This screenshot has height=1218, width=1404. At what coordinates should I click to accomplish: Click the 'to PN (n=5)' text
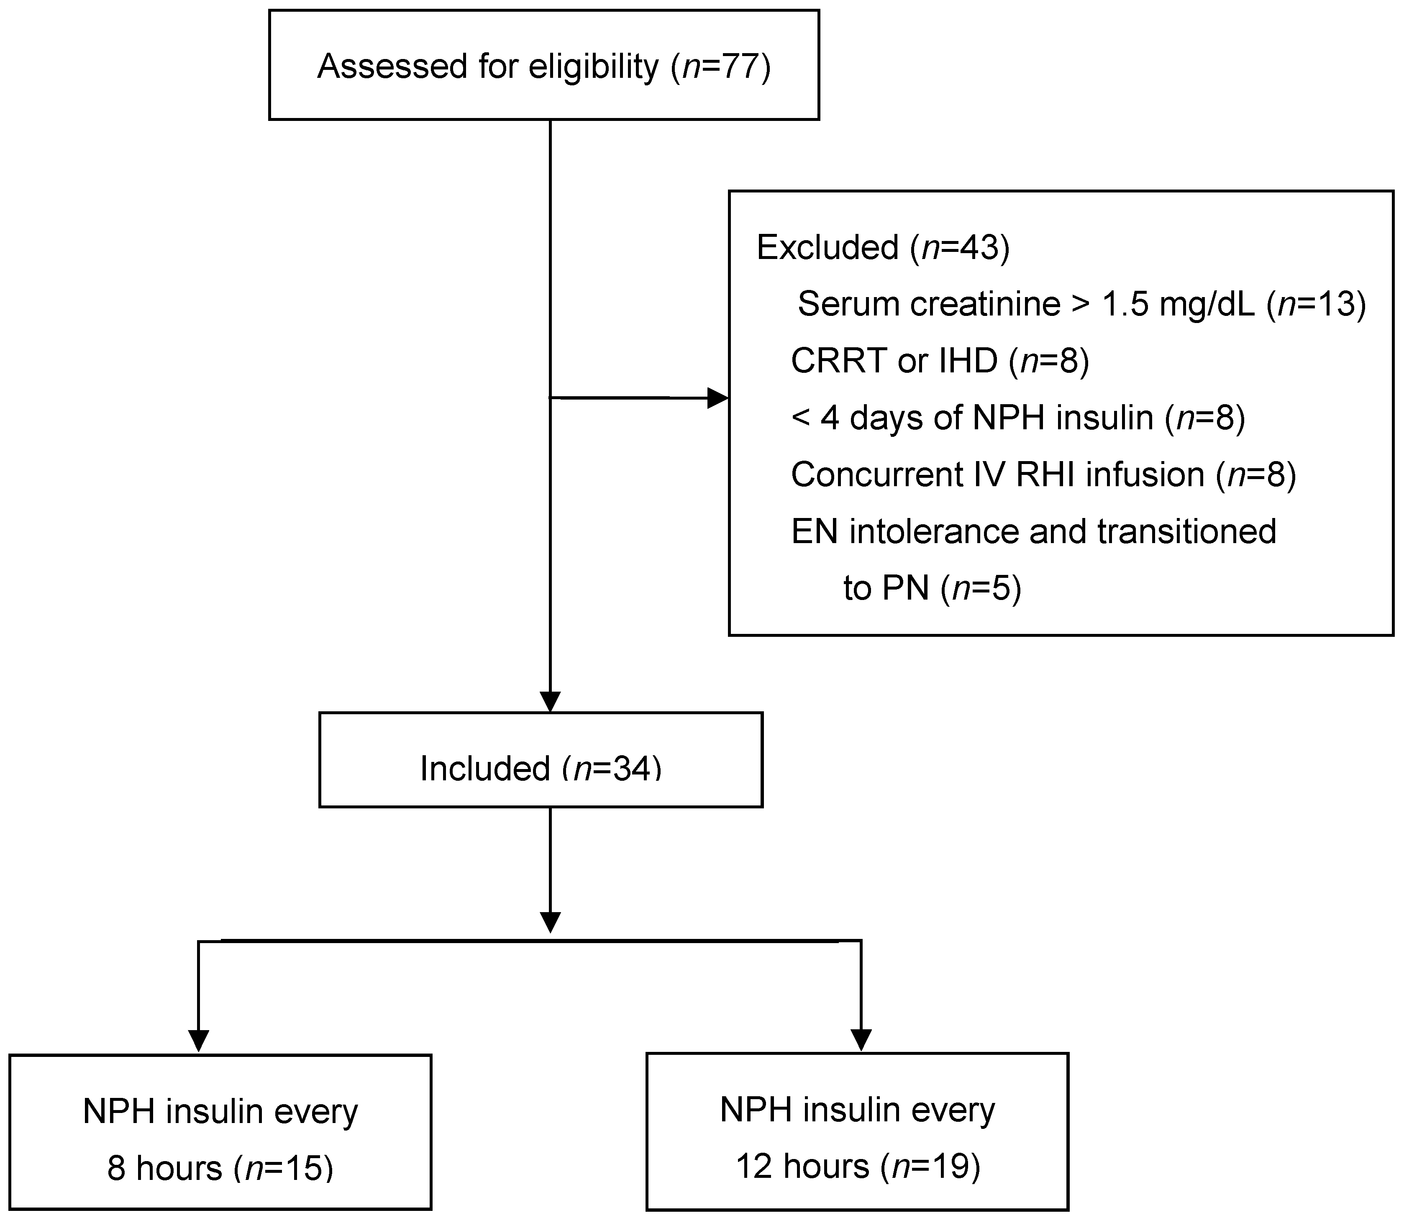click(x=932, y=587)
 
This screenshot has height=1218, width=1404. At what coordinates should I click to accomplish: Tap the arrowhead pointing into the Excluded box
click(x=717, y=398)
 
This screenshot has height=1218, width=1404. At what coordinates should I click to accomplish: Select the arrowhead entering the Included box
click(x=550, y=701)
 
